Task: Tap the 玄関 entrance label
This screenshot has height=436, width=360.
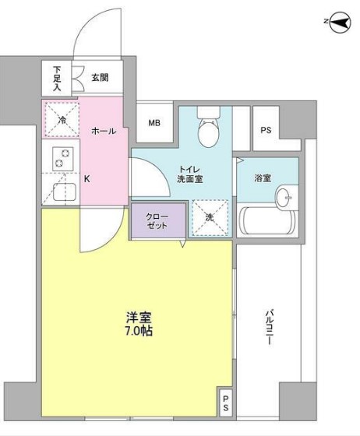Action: point(100,77)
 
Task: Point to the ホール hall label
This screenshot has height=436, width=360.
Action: point(104,131)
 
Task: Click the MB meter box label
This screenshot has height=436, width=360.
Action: point(154,123)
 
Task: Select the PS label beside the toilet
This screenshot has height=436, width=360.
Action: point(266,131)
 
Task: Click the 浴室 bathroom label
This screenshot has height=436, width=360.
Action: point(262,178)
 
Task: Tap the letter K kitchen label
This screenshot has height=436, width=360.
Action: point(86,178)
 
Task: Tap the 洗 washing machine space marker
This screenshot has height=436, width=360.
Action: point(209,219)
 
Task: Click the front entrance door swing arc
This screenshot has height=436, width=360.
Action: point(94,35)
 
